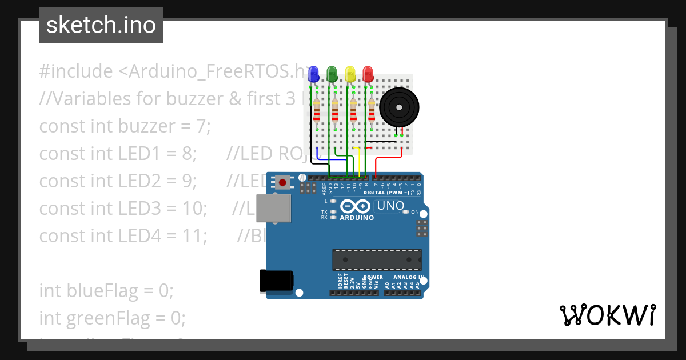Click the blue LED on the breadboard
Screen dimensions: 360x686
coord(313,73)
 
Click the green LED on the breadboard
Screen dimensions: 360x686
coord(332,73)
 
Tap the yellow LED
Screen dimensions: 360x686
coord(350,73)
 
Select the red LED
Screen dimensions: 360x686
coord(368,73)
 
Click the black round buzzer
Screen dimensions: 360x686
coord(400,106)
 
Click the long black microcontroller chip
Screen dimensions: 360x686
coord(377,259)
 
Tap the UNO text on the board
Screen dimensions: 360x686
coord(392,206)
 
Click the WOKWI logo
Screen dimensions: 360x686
coord(607,315)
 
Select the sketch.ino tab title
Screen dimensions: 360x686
coord(101,25)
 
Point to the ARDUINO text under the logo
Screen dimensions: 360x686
coord(357,218)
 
